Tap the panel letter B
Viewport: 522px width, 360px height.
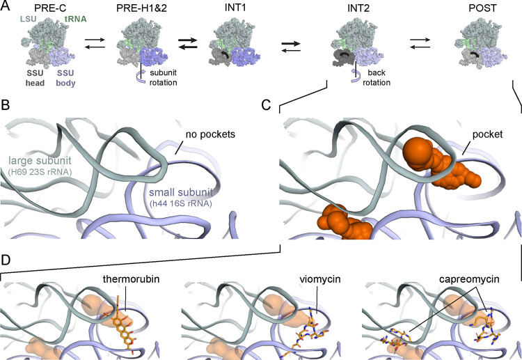(6, 109)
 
